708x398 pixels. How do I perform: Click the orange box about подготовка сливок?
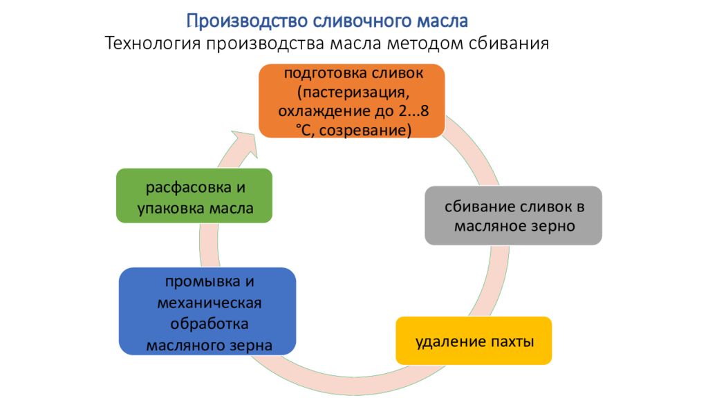[x=352, y=101]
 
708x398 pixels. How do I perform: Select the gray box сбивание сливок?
[x=514, y=216]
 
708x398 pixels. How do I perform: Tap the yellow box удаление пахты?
[x=474, y=341]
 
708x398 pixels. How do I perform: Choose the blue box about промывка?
[x=207, y=312]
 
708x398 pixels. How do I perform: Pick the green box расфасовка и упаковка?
[x=194, y=196]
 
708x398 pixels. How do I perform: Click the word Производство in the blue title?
[x=247, y=21]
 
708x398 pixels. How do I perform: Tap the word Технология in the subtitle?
[x=152, y=44]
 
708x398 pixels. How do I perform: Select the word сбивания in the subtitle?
[x=508, y=44]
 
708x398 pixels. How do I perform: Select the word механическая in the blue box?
[x=209, y=303]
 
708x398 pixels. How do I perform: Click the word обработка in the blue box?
[x=209, y=323]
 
